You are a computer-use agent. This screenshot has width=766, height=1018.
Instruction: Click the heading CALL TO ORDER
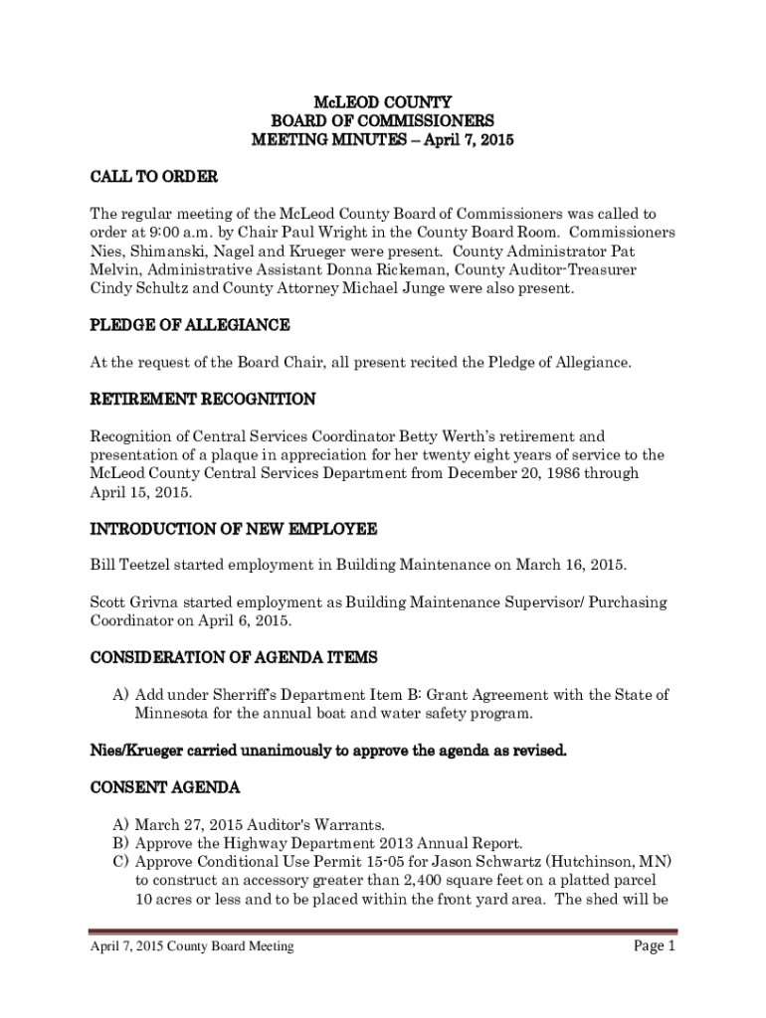click(154, 177)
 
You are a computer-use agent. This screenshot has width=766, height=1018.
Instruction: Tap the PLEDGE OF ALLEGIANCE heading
click(190, 325)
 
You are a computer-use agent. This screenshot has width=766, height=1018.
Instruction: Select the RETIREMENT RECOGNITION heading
click(203, 400)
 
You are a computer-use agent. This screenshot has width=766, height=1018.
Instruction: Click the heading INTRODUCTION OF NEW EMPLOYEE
click(234, 528)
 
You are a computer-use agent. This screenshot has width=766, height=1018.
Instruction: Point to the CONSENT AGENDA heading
click(165, 788)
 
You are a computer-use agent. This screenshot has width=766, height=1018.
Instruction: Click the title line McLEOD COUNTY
click(382, 102)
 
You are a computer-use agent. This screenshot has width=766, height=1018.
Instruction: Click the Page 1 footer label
click(655, 946)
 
